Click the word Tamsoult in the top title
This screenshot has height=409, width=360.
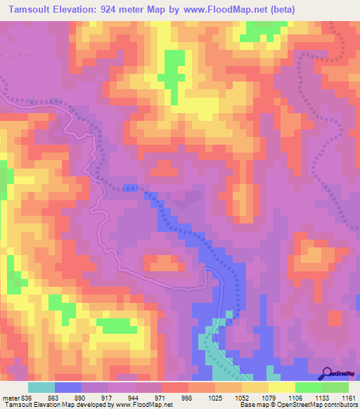27,9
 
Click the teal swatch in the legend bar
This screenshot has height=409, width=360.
41,388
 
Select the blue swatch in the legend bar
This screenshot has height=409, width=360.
68,388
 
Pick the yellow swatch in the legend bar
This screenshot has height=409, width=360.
282,388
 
